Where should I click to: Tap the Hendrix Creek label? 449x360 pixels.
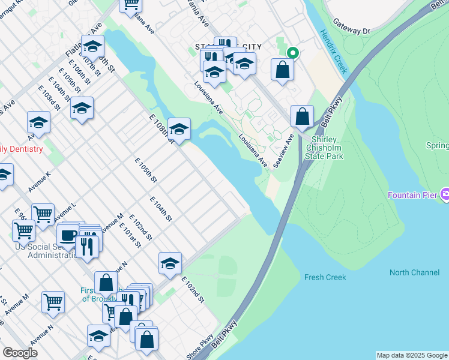(x=333, y=52)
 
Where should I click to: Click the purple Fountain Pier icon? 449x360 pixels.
(x=444, y=194)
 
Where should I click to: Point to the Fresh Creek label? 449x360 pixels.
(x=325, y=277)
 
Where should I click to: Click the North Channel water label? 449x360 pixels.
(x=414, y=272)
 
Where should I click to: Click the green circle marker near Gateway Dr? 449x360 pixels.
(x=292, y=52)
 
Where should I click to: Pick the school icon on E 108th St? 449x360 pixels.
(x=179, y=128)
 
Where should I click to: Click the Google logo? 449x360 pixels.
(x=20, y=353)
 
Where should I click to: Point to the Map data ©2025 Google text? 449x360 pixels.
(x=412, y=355)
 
